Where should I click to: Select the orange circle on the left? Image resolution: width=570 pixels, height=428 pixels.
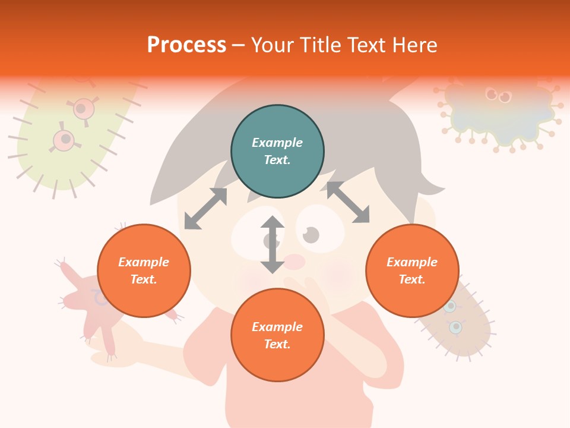[144, 270]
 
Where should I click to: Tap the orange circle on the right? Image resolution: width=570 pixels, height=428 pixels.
[412, 270]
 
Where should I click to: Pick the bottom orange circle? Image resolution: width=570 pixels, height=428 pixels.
[277, 335]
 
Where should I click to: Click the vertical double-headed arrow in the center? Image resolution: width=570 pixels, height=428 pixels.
[273, 244]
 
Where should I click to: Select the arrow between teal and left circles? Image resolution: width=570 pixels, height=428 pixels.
[205, 209]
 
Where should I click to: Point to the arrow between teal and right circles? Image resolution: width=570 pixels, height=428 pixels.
[348, 202]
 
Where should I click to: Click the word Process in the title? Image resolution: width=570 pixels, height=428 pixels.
[186, 45]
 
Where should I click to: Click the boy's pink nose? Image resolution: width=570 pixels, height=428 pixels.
[294, 262]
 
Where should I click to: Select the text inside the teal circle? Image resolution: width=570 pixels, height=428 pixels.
[277, 151]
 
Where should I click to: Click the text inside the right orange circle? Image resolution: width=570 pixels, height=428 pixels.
[412, 270]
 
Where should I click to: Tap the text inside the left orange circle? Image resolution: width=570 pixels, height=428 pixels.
[144, 270]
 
